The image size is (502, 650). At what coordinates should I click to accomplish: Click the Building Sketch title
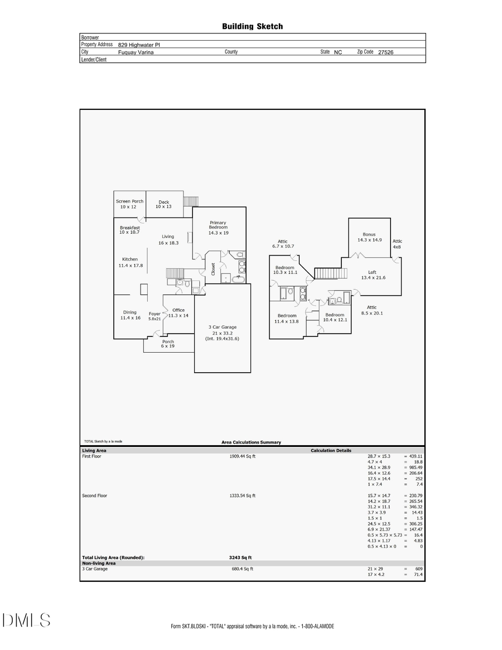click(252, 26)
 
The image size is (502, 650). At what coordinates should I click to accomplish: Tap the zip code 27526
click(385, 52)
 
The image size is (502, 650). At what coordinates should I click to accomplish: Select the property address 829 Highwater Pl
click(139, 45)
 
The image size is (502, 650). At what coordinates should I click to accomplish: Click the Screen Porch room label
click(129, 204)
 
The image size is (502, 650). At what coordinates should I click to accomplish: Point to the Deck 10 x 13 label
click(163, 205)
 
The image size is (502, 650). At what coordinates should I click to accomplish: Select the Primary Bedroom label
click(218, 227)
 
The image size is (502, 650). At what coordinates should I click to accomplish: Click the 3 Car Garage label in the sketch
click(223, 333)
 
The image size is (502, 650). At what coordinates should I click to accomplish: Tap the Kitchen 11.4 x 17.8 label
click(130, 262)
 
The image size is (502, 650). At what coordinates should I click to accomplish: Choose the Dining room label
click(129, 315)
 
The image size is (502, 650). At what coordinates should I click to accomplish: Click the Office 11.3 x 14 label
click(178, 313)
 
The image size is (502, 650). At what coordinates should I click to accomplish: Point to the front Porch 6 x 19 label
click(168, 344)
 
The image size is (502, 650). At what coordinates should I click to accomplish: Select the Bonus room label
click(369, 237)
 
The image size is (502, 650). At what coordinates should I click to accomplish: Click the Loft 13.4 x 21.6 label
click(373, 275)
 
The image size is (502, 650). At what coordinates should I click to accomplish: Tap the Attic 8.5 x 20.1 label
click(371, 310)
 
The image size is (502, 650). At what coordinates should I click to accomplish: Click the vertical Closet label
click(213, 269)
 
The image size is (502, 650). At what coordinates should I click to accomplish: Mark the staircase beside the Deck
click(191, 201)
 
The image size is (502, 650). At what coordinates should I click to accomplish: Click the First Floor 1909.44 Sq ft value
click(243, 456)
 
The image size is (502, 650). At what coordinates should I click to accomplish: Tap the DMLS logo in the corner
click(26, 620)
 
